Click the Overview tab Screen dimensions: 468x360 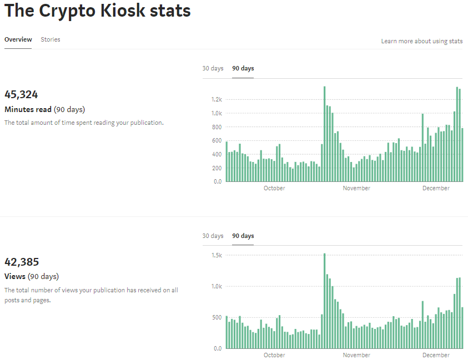click(x=18, y=39)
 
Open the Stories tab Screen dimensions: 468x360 click(x=51, y=39)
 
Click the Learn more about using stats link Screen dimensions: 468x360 click(x=422, y=41)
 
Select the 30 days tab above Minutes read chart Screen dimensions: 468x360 click(x=213, y=68)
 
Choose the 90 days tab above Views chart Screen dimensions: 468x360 click(x=243, y=236)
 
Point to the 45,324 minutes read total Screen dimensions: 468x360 click(x=21, y=94)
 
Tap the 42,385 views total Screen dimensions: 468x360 click(x=22, y=262)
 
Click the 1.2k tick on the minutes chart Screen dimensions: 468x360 click(x=217, y=99)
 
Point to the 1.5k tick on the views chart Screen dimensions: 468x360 click(x=217, y=255)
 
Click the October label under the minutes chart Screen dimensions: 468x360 click(x=274, y=188)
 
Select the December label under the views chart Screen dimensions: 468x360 click(x=436, y=355)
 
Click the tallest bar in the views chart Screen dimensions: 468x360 click(x=324, y=301)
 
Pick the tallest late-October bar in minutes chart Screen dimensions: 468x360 click(x=324, y=134)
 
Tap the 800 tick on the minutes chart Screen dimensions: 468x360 click(x=217, y=127)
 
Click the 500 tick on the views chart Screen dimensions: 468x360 click(x=217, y=317)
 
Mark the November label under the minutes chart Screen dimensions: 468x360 click(x=356, y=188)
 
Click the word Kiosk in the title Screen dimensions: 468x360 click(x=123, y=11)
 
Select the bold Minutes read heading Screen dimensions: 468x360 click(x=28, y=109)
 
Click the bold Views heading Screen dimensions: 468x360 click(x=15, y=276)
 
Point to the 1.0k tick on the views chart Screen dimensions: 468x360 click(x=217, y=286)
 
